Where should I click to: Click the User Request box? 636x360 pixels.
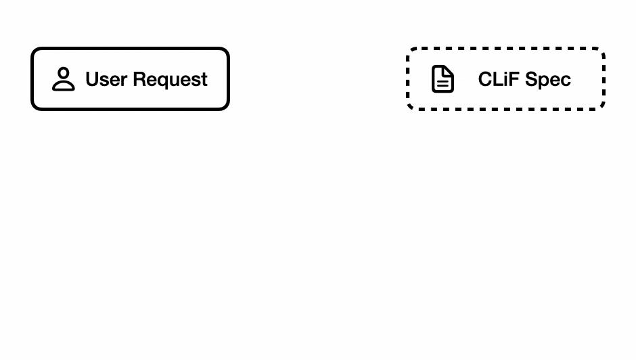point(130,78)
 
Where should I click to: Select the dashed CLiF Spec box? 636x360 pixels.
point(506,78)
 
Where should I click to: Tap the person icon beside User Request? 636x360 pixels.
point(64,78)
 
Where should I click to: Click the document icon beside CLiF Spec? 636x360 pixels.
point(442,78)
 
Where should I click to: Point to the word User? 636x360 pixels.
point(106,79)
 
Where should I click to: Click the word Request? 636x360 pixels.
point(171,80)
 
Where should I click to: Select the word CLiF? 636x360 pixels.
point(499,79)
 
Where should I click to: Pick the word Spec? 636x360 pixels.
point(548,80)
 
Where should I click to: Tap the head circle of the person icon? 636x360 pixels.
point(64,73)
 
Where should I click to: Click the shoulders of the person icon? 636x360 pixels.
point(64,86)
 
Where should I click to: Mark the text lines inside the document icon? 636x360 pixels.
point(442,83)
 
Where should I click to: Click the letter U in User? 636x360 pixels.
point(93,79)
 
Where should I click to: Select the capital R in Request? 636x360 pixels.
point(139,79)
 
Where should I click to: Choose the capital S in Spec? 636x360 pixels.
point(532,79)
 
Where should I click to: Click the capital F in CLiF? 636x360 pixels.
point(514,79)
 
